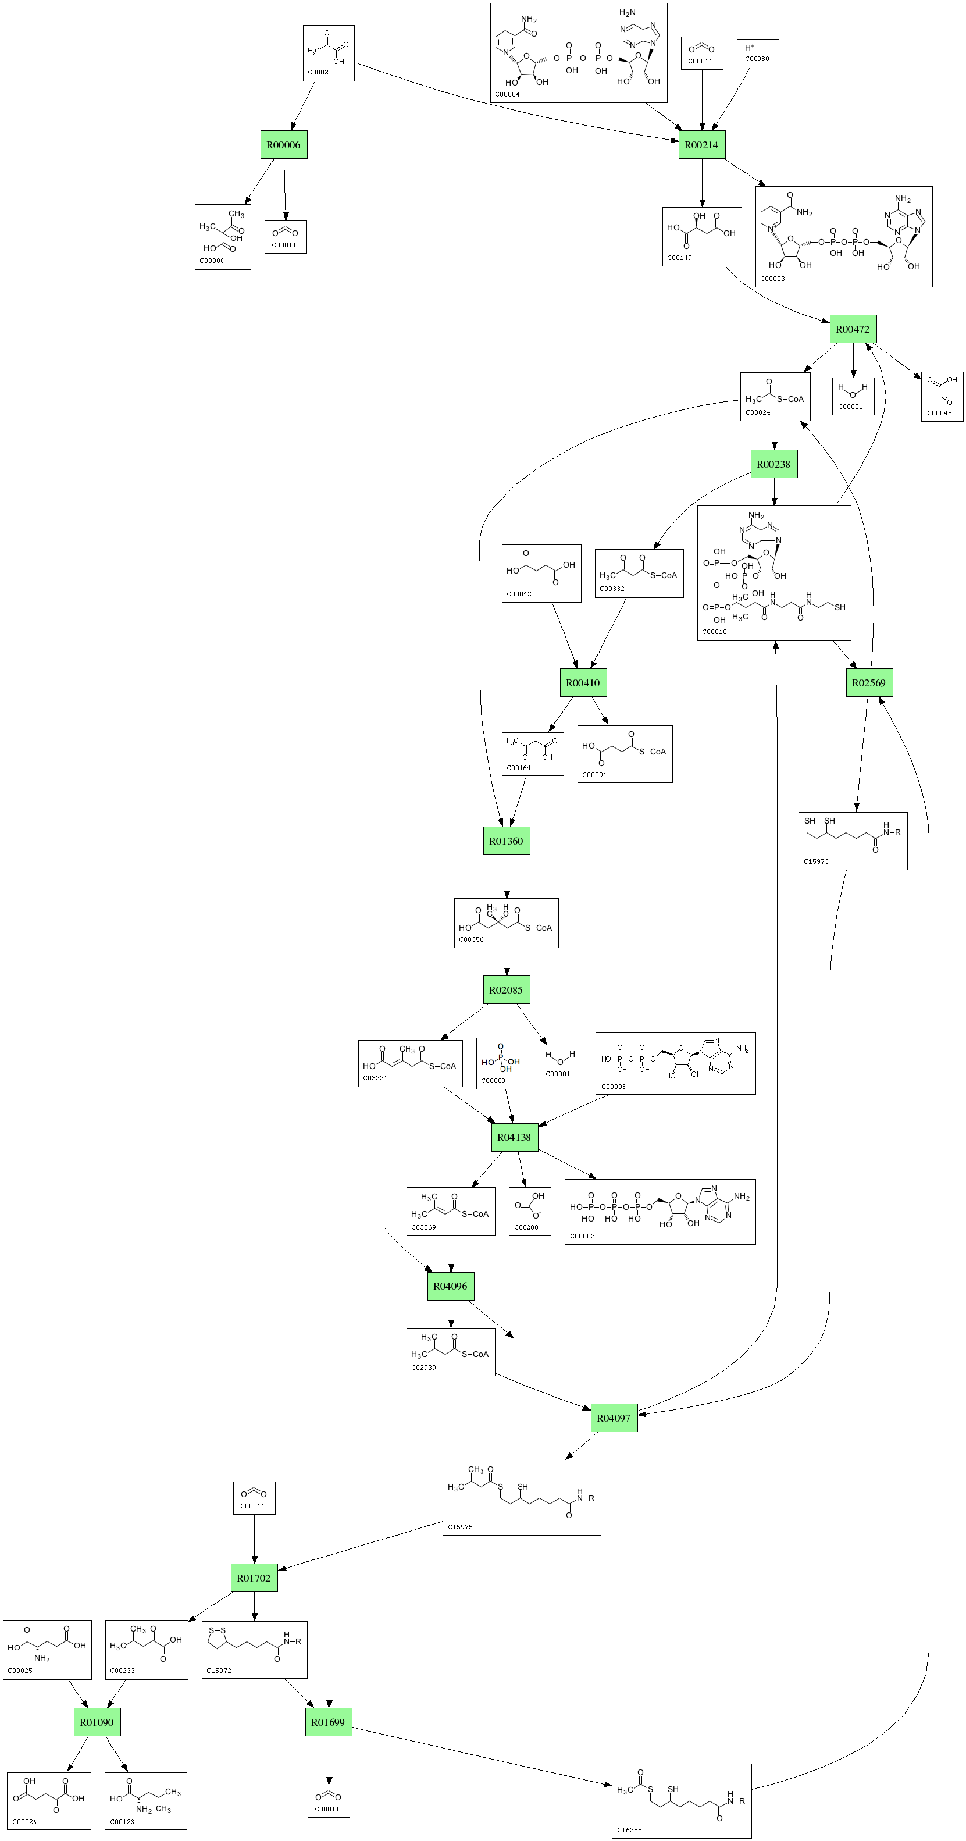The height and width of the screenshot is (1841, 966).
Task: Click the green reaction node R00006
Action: pyautogui.click(x=284, y=145)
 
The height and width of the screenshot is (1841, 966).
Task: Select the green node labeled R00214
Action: pyautogui.click(x=701, y=145)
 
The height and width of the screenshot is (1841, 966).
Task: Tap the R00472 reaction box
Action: pyautogui.click(x=853, y=329)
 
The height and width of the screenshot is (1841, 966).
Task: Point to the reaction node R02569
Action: pyautogui.click(x=869, y=682)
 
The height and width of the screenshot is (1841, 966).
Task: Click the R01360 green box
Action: pyautogui.click(x=507, y=841)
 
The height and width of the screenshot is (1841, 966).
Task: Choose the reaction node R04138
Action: pyautogui.click(x=515, y=1137)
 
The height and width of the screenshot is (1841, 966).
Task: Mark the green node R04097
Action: pyautogui.click(x=614, y=1418)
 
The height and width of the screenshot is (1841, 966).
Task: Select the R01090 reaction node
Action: pyautogui.click(x=97, y=1722)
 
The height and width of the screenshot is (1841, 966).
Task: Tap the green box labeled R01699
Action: pyautogui.click(x=329, y=1722)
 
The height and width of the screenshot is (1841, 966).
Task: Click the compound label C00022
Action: pyautogui.click(x=319, y=72)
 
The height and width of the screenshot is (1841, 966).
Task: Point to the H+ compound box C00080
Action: pyautogui.click(x=757, y=53)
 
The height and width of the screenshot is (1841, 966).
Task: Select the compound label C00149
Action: pyautogui.click(x=679, y=257)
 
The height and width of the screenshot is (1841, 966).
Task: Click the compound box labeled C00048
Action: pyautogui.click(x=942, y=397)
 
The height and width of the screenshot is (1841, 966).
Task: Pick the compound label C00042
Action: pyautogui.click(x=519, y=594)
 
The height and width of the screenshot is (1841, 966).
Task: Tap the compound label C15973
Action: pyautogui.click(x=816, y=861)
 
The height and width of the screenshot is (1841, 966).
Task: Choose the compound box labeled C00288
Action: pyautogui.click(x=529, y=1212)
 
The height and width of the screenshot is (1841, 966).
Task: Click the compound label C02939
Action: pyautogui.click(x=424, y=1367)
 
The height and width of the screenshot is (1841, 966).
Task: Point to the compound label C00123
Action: pyautogui.click(x=122, y=1822)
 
